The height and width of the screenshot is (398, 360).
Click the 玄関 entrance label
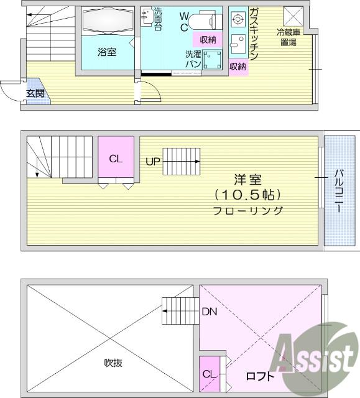click(x=35, y=93)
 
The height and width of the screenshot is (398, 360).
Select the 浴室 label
click(x=107, y=52)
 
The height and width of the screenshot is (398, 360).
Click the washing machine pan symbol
click(x=213, y=60)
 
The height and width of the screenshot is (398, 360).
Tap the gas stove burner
click(x=238, y=19)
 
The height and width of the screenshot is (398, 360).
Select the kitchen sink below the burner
click(x=238, y=44)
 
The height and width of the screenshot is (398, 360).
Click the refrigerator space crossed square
click(x=293, y=16)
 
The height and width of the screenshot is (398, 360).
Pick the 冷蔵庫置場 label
click(x=288, y=37)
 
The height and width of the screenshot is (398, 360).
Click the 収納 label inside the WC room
click(x=208, y=40)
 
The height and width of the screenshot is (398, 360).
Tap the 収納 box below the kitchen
click(x=238, y=67)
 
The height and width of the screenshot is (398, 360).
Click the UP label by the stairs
click(x=153, y=162)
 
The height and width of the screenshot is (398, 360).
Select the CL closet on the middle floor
click(x=116, y=159)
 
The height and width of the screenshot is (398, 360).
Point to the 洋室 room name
click(x=247, y=180)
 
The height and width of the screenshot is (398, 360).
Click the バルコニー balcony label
click(x=338, y=191)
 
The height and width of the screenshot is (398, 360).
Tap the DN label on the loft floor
click(x=210, y=312)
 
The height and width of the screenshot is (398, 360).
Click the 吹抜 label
click(x=113, y=363)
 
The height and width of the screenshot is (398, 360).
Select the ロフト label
click(x=260, y=376)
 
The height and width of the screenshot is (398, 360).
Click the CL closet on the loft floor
click(x=210, y=374)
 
